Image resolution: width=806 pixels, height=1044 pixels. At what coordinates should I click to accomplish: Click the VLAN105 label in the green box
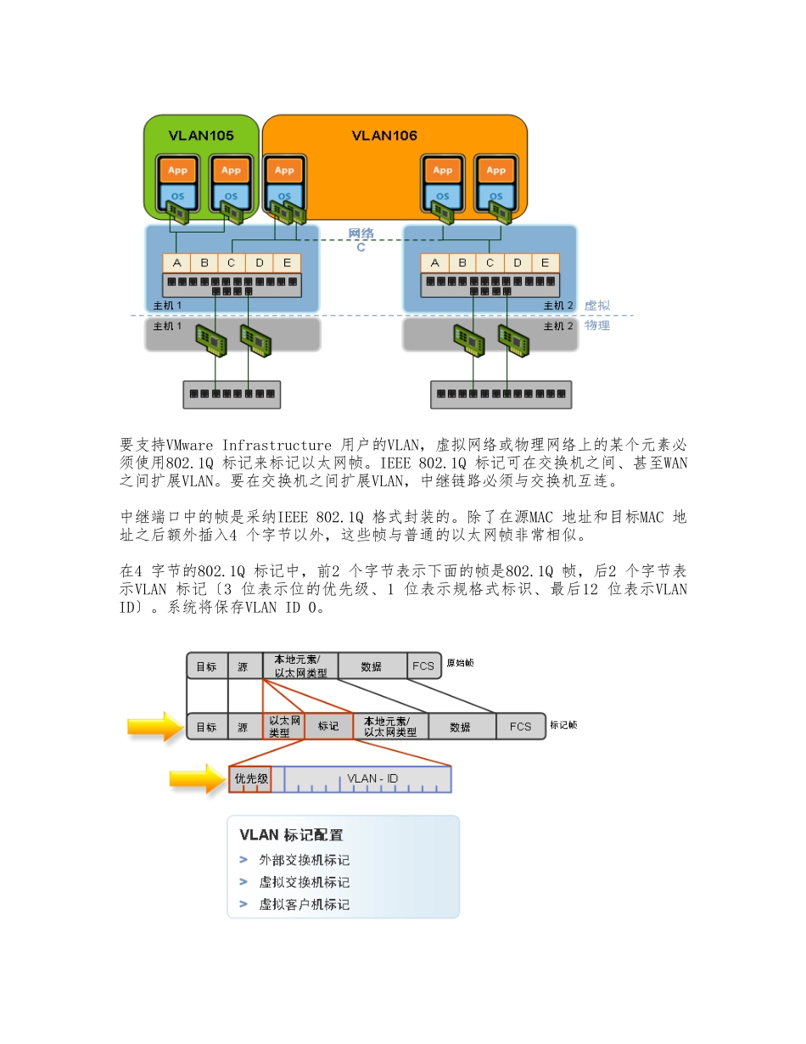(201, 135)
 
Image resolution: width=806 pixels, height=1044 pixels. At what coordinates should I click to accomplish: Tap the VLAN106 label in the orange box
(384, 135)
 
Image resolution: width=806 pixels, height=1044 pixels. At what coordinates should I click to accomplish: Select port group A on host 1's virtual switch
(176, 262)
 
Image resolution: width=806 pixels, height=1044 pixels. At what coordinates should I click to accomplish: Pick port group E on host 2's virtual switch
(545, 262)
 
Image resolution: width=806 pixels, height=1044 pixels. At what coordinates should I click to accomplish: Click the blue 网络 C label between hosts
(361, 240)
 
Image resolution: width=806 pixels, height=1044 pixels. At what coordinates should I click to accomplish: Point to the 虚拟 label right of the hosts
(596, 306)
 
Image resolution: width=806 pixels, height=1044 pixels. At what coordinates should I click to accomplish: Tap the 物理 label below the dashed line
(596, 325)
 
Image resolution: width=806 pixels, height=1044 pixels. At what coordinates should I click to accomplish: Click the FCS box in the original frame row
(423, 666)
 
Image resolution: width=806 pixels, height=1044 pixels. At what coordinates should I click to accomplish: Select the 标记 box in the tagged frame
(328, 727)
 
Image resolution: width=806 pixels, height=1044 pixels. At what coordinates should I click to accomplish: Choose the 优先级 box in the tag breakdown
(251, 778)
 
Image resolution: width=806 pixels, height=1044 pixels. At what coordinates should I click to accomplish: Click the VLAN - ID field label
(372, 778)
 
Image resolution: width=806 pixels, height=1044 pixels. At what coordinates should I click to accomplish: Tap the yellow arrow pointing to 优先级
(198, 778)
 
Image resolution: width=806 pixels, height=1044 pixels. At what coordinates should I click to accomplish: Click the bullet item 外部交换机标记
(304, 861)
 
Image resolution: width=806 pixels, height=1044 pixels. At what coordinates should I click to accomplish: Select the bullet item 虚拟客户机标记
(304, 905)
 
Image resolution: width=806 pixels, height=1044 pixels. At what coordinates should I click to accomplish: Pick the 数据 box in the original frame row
(372, 666)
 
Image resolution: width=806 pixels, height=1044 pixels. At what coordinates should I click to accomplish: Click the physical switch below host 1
(232, 394)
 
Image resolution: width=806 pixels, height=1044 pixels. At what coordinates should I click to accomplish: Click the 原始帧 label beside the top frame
(461, 663)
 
